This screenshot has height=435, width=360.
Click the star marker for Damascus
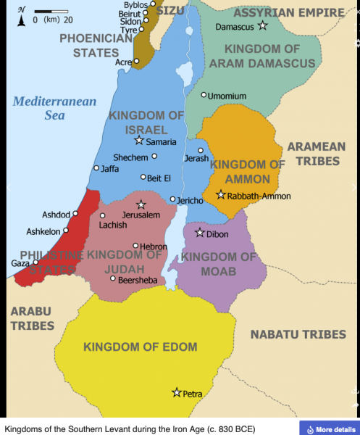(x=263, y=26)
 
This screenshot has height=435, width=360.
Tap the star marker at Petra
(x=176, y=392)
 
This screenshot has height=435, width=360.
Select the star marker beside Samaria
(x=139, y=141)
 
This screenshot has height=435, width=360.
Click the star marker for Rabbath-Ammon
(x=221, y=194)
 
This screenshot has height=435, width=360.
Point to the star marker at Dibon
(x=200, y=233)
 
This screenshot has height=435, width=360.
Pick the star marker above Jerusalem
(x=141, y=205)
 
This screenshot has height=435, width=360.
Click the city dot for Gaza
(x=35, y=262)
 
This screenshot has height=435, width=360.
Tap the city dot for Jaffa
(x=96, y=168)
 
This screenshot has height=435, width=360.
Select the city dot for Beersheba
(x=112, y=278)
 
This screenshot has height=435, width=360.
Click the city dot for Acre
(x=137, y=62)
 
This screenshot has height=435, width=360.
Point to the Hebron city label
(x=154, y=246)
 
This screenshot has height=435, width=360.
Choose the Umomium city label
(x=227, y=96)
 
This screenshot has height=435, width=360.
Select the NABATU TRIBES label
(x=298, y=334)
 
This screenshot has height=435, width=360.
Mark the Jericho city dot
(x=172, y=199)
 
